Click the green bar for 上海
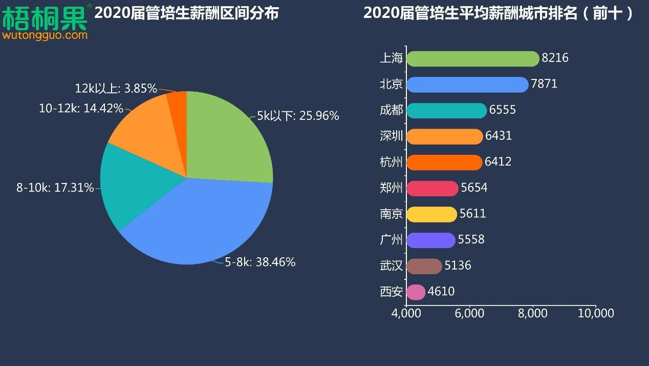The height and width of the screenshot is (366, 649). [x=472, y=58]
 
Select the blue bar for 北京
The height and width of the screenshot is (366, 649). [x=467, y=85]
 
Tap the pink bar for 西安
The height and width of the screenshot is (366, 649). [x=416, y=292]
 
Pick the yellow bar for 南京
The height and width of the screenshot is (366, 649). [x=431, y=214]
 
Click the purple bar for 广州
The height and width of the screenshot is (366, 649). [x=430, y=240]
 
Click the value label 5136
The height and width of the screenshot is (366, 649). [x=458, y=266]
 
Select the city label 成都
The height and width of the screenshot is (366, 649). [x=392, y=110]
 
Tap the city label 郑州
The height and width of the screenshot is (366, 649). [x=392, y=188]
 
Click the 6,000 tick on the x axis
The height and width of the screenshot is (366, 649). [x=469, y=313]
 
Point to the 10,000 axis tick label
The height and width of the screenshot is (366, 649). [x=595, y=313]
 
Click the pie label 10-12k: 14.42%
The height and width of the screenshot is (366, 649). [x=81, y=109]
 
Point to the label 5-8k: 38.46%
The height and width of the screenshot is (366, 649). [x=260, y=262]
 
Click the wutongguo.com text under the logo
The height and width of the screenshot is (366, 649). [x=45, y=35]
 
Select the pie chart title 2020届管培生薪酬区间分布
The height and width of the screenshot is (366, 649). [x=186, y=13]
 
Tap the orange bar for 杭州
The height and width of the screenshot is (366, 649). [x=444, y=162]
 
